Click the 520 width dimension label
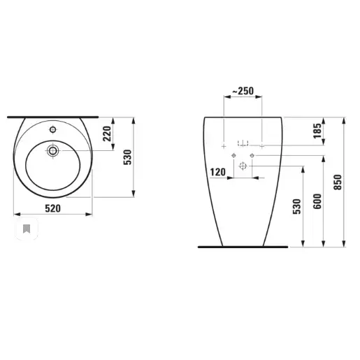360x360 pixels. pyautogui.click(x=53, y=208)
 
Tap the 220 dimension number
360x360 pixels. pyautogui.click(x=107, y=134)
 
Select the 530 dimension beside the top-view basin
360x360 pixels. pyautogui.click(x=127, y=157)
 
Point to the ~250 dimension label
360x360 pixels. pyautogui.click(x=243, y=91)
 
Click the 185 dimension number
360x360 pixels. pyautogui.click(x=317, y=131)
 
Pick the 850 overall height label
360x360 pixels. pyautogui.click(x=338, y=182)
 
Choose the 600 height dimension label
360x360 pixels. pyautogui.click(x=317, y=201)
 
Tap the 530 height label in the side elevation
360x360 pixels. pyautogui.click(x=297, y=206)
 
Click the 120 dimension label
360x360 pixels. pyautogui.click(x=218, y=172)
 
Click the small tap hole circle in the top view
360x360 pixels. pyautogui.click(x=53, y=129)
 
